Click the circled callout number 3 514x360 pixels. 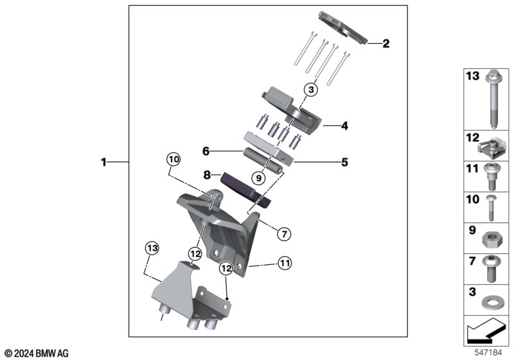click(x=311, y=89)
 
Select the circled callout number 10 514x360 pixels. click(x=173, y=159)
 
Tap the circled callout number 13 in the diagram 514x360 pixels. click(x=152, y=248)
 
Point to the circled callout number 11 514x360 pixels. click(x=285, y=263)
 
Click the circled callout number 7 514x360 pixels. click(x=284, y=234)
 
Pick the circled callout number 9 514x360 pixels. click(x=259, y=178)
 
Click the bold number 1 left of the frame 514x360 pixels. click(x=103, y=162)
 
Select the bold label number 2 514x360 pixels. click(x=386, y=43)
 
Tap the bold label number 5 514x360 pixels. click(x=344, y=162)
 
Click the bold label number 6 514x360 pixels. click(x=206, y=151)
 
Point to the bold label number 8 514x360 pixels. click(x=207, y=175)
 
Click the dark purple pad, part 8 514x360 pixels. click(x=245, y=190)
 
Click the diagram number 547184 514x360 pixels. click(x=488, y=353)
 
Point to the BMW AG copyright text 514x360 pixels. click(x=37, y=354)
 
